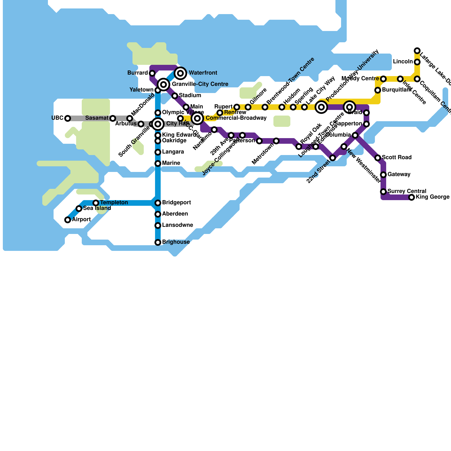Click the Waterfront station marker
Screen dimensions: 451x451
(180, 73)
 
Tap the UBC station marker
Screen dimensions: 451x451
(68, 118)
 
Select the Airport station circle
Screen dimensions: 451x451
(68, 220)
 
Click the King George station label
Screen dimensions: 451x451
(432, 197)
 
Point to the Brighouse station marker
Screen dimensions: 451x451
(158, 242)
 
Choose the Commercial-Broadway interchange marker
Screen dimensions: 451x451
(197, 118)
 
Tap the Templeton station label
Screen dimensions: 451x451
(114, 203)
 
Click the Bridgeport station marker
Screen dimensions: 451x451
(158, 203)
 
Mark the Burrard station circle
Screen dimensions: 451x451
(152, 73)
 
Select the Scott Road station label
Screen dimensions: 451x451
(397, 158)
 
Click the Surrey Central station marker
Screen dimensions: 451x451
(383, 192)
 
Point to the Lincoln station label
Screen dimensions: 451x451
(403, 62)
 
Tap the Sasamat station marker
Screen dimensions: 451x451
(113, 118)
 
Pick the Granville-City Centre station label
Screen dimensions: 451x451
(200, 84)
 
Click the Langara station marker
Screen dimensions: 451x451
(158, 152)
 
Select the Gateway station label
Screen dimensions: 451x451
(399, 174)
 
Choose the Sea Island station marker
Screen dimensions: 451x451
(79, 209)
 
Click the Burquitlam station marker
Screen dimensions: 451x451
(378, 90)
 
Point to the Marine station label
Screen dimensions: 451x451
(171, 163)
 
